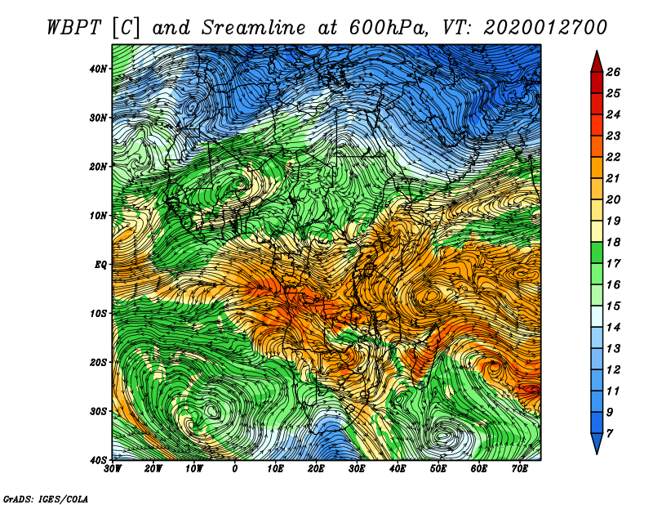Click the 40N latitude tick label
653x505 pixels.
98,69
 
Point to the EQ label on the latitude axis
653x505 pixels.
101,265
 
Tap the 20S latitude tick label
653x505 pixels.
98,362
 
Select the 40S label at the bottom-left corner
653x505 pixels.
98,460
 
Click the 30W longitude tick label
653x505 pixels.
113,469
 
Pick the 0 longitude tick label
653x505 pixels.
235,469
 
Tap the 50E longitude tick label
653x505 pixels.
438,469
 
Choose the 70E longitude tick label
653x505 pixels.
520,469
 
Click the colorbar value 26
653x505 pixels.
613,72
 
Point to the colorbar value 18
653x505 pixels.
613,242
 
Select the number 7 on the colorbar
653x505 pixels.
610,434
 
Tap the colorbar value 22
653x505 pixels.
613,157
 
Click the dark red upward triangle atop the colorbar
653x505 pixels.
597,63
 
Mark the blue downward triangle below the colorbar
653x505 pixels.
597,442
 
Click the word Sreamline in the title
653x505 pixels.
254,28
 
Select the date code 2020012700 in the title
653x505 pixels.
545,28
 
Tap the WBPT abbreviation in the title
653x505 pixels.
74,28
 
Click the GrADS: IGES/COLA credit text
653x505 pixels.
46,499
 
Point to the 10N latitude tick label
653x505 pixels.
98,216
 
